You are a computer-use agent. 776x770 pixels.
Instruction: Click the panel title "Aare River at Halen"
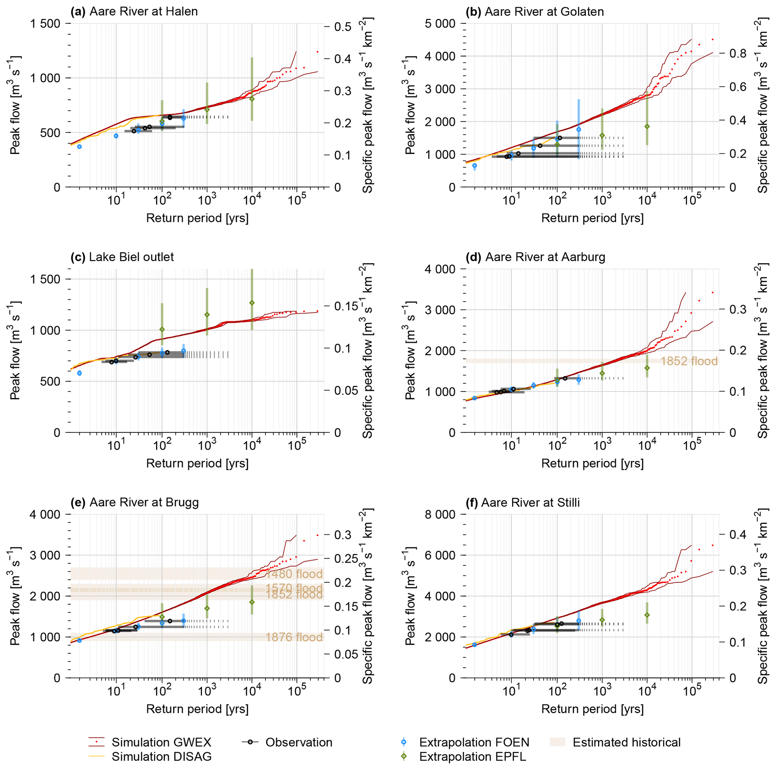143,12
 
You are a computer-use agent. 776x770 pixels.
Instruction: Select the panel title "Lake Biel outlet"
131,257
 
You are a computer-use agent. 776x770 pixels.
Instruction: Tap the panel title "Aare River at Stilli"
530,503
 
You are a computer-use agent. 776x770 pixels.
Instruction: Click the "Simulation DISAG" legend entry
161,756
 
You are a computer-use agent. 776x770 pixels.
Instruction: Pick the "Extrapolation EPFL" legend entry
472,756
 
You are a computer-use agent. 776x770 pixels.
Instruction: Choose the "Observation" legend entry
299,742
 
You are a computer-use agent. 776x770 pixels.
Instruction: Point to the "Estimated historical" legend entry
626,742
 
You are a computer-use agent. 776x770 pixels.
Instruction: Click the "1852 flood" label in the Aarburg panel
689,361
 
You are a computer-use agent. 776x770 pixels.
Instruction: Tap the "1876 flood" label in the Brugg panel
294,637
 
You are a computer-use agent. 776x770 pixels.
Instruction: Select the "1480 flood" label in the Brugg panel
294,574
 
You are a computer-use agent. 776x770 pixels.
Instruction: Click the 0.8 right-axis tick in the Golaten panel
738,53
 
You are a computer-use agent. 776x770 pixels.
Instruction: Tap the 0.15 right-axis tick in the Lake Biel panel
346,306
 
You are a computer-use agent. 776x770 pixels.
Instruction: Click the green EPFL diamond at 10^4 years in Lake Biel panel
252,303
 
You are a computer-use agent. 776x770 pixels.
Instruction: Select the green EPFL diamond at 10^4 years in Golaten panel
647,127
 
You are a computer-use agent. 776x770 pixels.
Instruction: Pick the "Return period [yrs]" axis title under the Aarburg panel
592,464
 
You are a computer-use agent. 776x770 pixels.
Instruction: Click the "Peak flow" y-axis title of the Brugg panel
15,596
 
